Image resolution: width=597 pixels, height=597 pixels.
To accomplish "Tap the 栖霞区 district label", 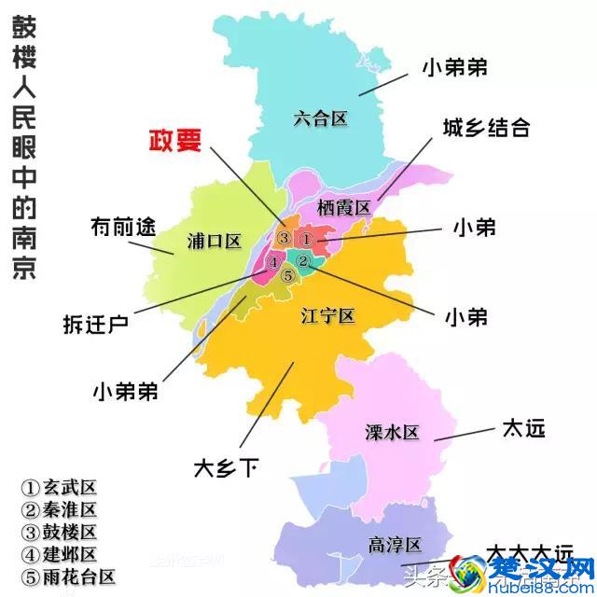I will (343, 206).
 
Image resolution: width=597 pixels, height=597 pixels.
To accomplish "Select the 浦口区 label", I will (214, 242).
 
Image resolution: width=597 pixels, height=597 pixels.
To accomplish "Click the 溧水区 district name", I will (393, 432).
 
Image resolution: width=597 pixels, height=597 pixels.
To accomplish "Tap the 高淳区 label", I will (396, 545).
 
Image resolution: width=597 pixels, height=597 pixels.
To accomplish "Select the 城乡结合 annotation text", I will (486, 128).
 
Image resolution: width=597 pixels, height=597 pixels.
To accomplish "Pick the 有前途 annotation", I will (120, 227).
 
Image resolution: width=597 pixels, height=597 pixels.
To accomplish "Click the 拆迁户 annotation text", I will (95, 324).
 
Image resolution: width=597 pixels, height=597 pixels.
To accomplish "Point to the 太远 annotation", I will (522, 429).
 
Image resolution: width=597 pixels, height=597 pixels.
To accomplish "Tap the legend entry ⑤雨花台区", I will (69, 576).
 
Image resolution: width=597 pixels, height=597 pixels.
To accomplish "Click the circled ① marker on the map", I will (309, 239).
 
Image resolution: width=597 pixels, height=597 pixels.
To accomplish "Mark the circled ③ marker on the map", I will (284, 238).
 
